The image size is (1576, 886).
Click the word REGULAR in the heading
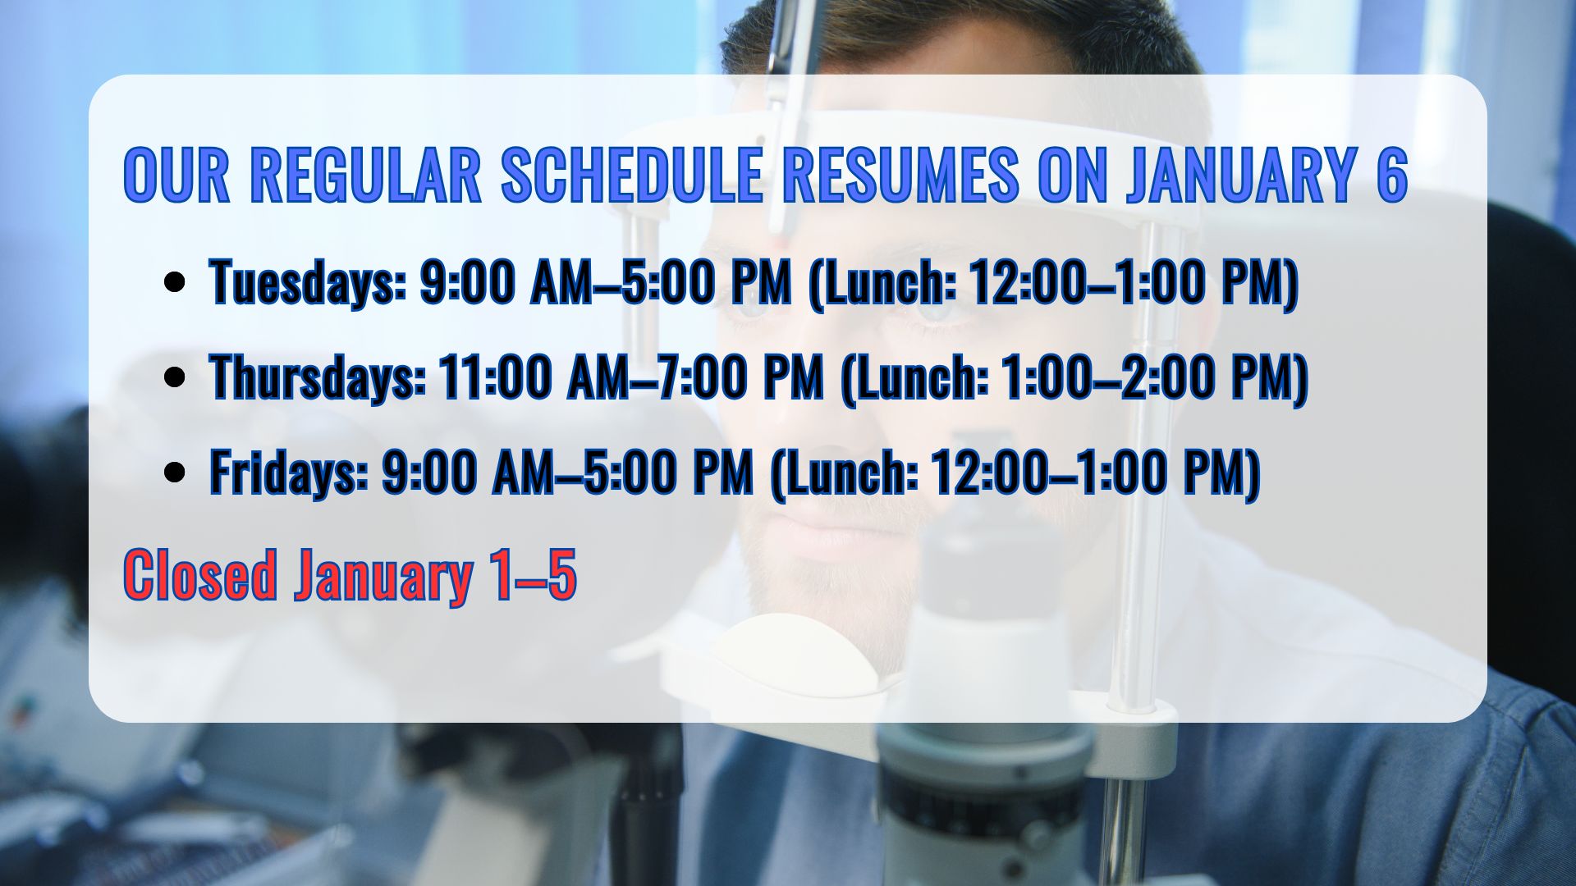365,175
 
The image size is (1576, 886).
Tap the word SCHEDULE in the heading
631,175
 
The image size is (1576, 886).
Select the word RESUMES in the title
900,175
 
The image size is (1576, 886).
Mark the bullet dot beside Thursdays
174,377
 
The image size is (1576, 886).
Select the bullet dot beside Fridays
174,472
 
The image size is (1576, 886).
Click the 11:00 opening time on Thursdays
495,377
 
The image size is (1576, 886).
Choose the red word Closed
200,574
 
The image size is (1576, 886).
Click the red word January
383,576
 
